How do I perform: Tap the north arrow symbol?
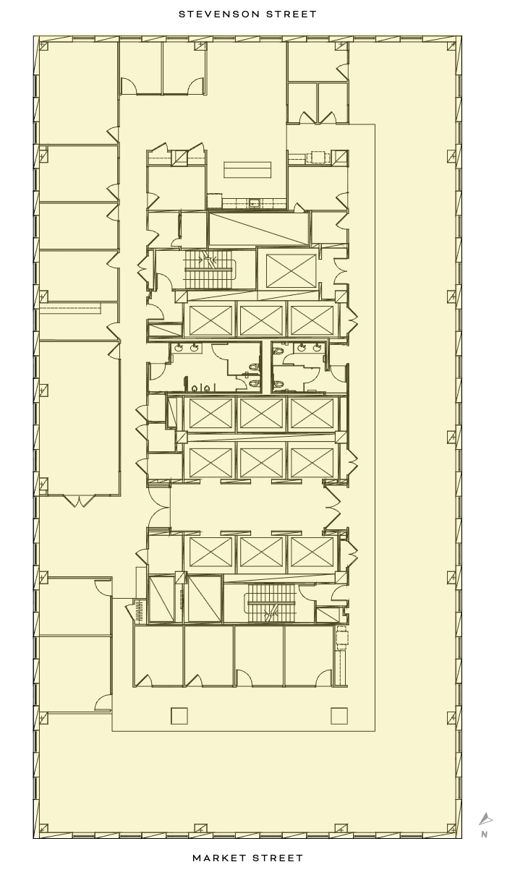coord(485,819)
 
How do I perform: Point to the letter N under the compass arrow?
coord(484,835)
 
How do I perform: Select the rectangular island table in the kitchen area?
coord(247,170)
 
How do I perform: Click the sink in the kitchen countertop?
coord(254,203)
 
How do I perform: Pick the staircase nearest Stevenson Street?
coord(210,270)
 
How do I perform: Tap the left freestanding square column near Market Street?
coord(179,716)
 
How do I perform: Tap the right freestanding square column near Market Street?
coord(339,716)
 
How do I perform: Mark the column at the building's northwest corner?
coord(43,46)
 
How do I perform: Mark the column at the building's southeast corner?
coord(452,828)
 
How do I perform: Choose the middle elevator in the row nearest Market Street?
coord(261,552)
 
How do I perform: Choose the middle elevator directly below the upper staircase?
coord(261,320)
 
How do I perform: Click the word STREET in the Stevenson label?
coord(292,14)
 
